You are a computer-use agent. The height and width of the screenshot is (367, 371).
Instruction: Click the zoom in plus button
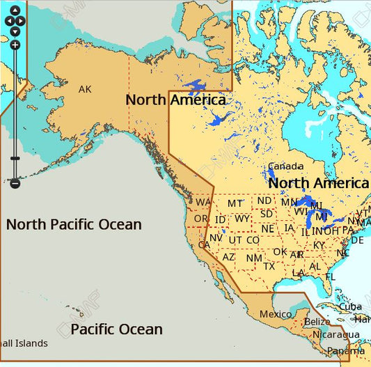click(15, 45)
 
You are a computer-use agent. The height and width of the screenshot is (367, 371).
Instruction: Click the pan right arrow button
click(22, 21)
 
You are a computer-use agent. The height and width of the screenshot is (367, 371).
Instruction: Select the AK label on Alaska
click(85, 89)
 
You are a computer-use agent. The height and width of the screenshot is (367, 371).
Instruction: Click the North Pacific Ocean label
click(74, 225)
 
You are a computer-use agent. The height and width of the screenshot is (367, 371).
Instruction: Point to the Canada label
click(286, 166)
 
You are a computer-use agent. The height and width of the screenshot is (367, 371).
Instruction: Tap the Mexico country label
click(276, 314)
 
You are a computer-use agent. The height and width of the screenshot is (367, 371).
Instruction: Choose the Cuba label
click(350, 307)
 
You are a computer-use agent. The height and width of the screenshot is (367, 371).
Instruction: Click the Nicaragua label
click(336, 334)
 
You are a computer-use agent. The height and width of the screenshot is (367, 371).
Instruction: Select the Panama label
click(346, 351)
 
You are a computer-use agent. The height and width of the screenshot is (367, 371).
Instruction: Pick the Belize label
click(317, 322)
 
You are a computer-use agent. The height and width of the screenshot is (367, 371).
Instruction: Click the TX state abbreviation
click(269, 266)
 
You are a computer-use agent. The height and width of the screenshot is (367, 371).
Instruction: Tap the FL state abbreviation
click(331, 276)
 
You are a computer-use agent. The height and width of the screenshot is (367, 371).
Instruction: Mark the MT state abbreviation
click(235, 203)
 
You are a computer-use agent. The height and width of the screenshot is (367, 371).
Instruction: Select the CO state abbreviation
click(253, 240)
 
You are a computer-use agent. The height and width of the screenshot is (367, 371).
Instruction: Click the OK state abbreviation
click(280, 252)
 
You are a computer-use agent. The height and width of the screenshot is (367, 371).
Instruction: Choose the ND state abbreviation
click(265, 201)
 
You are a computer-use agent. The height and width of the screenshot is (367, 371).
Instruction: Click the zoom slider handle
click(15, 159)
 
